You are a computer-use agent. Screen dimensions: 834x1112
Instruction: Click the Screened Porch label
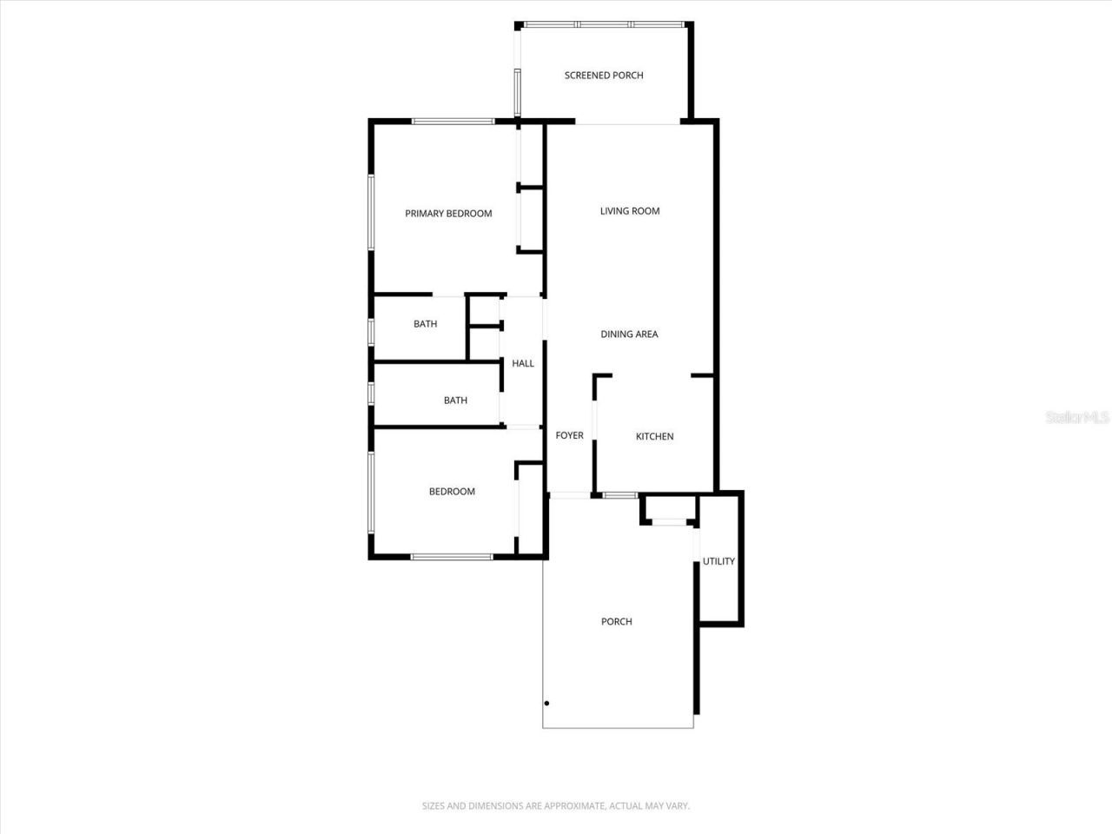tap(604, 76)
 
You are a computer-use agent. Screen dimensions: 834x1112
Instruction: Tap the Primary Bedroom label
tap(448, 214)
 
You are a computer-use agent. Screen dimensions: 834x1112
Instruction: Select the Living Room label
tap(630, 211)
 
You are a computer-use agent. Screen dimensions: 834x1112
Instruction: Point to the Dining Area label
tap(629, 334)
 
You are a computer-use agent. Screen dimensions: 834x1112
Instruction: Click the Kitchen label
tap(654, 437)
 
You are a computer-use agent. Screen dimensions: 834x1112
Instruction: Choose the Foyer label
tap(570, 436)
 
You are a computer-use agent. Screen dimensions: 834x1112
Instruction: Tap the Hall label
tap(523, 364)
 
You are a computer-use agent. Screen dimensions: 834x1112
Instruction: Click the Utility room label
tap(718, 562)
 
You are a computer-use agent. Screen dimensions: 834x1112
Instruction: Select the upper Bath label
tap(426, 324)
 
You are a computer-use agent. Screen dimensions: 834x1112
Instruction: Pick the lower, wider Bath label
tap(455, 400)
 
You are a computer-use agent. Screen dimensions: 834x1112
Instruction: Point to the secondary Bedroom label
tap(452, 492)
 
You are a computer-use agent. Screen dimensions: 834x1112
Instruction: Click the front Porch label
tap(617, 622)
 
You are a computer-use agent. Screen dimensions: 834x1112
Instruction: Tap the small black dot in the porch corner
tap(547, 704)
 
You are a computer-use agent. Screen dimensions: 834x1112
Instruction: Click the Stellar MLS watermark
tap(1077, 418)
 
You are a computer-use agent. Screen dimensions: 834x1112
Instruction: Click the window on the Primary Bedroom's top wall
tap(453, 122)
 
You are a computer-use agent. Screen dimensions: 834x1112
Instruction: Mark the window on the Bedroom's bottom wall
tap(453, 557)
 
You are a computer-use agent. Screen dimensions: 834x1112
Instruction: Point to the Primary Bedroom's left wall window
tap(371, 213)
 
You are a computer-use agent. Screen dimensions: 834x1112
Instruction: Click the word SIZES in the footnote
tap(434, 806)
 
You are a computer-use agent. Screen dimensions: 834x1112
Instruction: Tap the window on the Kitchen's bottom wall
tap(620, 495)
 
